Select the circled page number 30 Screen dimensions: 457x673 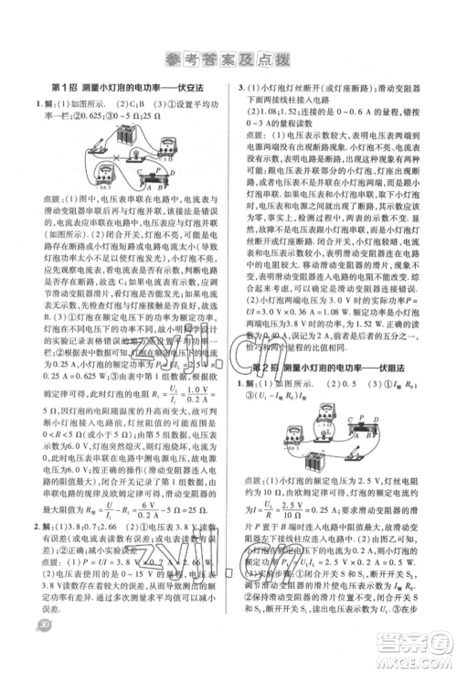[x=37, y=648]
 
